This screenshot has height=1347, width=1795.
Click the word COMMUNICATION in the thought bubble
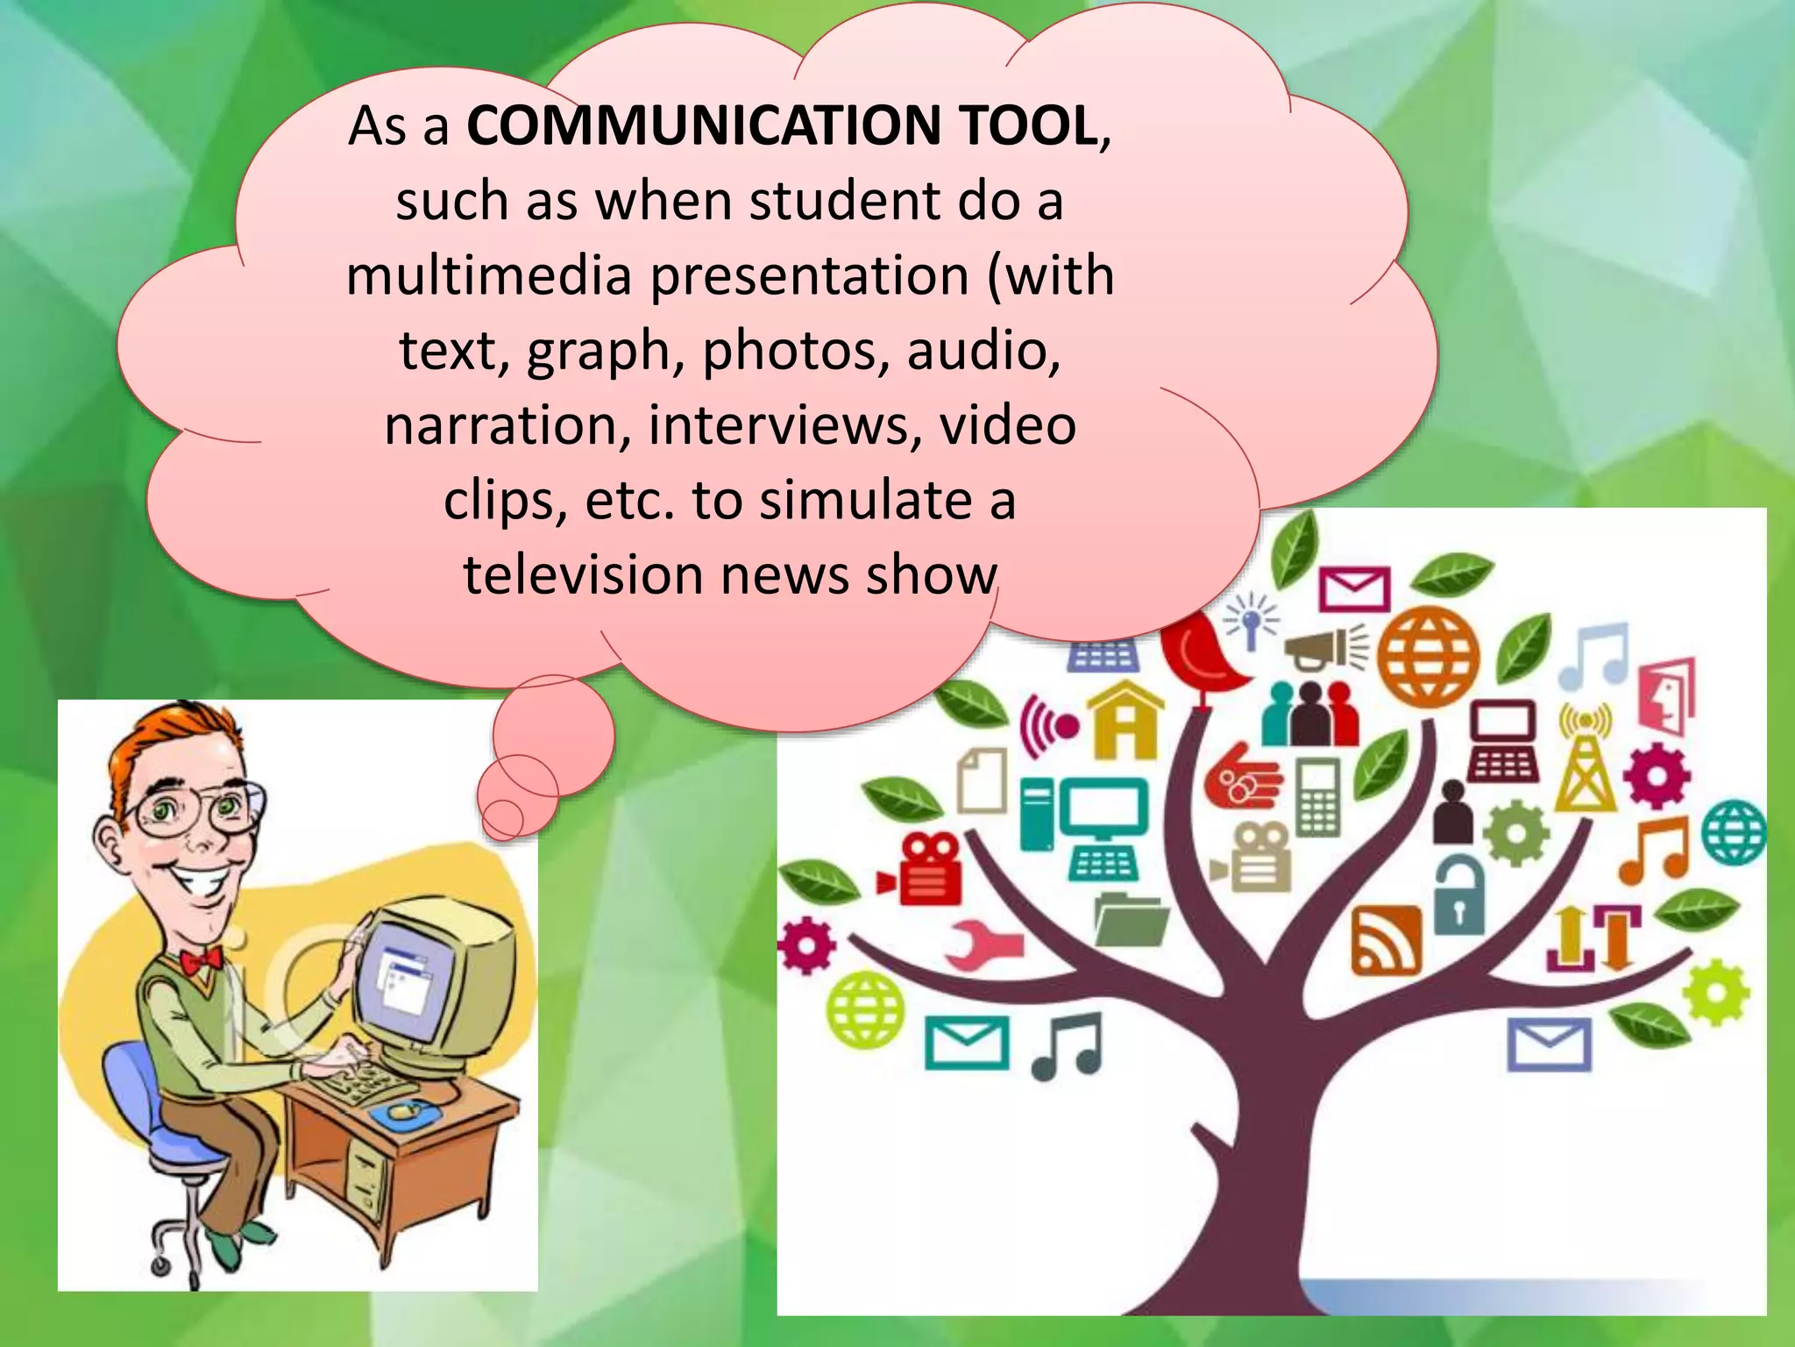(x=702, y=125)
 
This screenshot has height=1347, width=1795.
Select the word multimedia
(x=488, y=276)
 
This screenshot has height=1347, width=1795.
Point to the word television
(x=584, y=576)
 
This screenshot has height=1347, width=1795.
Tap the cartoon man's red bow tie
(x=201, y=959)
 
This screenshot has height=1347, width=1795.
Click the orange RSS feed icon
(x=1386, y=941)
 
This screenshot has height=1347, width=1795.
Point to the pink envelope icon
(x=1355, y=588)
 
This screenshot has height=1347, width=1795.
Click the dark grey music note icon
(x=1067, y=1045)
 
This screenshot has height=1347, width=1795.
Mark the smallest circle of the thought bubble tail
(x=503, y=817)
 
